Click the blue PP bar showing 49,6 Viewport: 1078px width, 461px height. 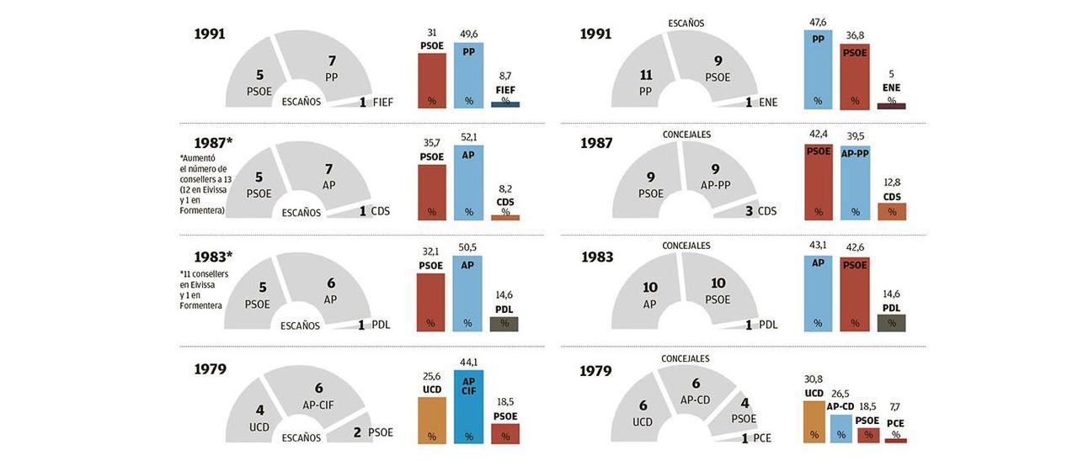click(x=468, y=75)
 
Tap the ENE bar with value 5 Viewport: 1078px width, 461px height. click(x=891, y=105)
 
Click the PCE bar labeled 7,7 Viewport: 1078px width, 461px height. click(x=895, y=440)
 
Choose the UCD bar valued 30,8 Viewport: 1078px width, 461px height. click(x=814, y=421)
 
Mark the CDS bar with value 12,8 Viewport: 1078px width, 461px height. click(x=891, y=211)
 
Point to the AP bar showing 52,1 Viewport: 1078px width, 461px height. click(x=468, y=183)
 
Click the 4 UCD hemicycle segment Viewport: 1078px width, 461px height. click(x=257, y=416)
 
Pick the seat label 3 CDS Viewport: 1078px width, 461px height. click(x=760, y=211)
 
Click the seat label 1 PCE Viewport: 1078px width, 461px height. click(x=756, y=437)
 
